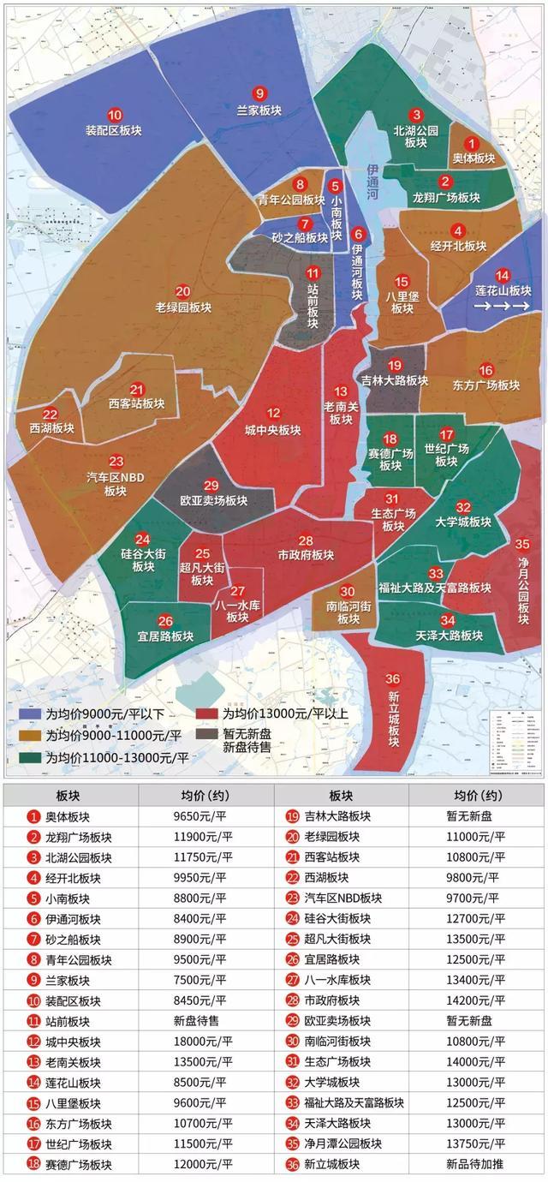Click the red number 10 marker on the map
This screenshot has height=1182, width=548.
[x=114, y=115]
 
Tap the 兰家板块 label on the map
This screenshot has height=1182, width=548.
[x=259, y=110]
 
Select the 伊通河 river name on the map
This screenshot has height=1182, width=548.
[x=372, y=182]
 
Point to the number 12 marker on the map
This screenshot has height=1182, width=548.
[x=273, y=413]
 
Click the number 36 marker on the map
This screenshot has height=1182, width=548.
[x=392, y=656]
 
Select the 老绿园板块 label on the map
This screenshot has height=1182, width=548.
[x=183, y=307]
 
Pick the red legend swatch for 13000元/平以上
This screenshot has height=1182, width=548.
[x=207, y=713]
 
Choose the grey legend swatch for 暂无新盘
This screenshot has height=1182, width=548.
[x=207, y=734]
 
